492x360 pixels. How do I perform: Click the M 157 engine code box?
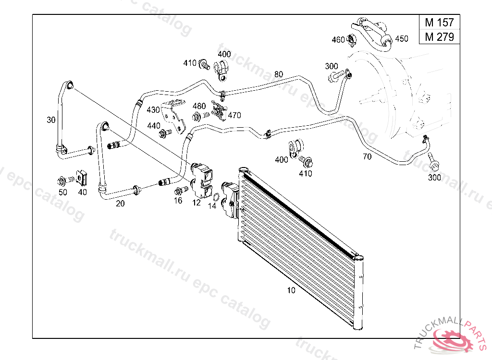439,23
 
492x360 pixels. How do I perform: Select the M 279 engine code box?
439,36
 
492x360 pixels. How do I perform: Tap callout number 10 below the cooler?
291,290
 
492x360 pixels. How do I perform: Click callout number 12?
196,203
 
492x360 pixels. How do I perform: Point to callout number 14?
212,206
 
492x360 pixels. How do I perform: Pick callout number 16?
178,201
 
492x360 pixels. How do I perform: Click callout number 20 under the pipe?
120,204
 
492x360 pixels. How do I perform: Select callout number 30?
51,120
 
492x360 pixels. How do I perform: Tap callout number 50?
63,192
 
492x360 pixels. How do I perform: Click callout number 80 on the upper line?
279,74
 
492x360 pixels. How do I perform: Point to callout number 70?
367,156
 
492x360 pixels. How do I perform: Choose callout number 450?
401,39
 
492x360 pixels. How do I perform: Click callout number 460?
338,40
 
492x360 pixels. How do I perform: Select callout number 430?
153,110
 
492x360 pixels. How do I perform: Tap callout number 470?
234,115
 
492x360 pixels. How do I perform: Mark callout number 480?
199,106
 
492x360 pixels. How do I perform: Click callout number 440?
154,126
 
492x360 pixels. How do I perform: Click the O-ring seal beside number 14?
216,196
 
